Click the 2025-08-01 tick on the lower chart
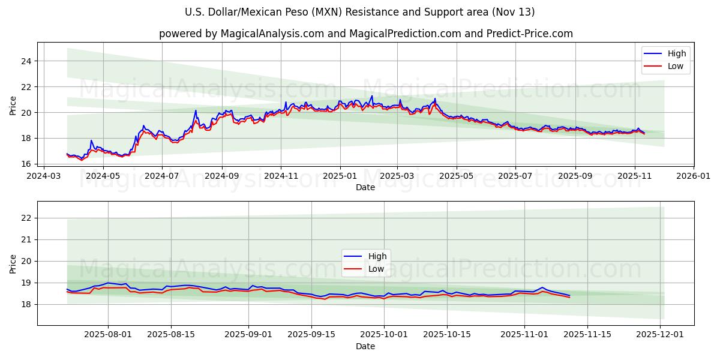click(x=108, y=335)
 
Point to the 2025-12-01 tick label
click(x=661, y=335)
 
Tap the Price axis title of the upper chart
click(x=13, y=106)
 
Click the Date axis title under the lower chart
click(x=365, y=346)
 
